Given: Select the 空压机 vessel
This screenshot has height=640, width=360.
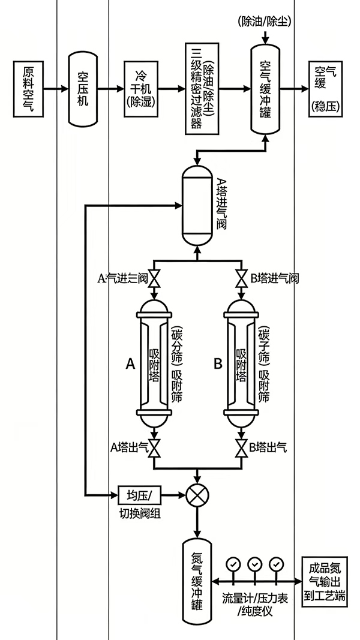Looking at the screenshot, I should [x=82, y=88].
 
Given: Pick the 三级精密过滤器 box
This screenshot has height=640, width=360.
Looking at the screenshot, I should [x=203, y=88].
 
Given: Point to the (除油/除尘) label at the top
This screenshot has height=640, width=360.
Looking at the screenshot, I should [x=265, y=22].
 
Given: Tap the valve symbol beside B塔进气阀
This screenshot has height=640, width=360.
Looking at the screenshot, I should [x=241, y=279].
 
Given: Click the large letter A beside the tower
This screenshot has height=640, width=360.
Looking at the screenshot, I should [x=130, y=363].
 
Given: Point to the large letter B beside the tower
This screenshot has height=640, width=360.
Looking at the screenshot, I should [x=218, y=363].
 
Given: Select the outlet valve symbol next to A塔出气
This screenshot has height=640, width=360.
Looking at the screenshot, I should [x=154, y=447].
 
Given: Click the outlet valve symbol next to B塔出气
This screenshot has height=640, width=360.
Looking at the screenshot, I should [x=241, y=447].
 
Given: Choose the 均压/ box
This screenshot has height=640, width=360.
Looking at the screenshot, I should [x=141, y=495].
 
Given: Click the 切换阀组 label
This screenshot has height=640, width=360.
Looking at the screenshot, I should [x=140, y=513].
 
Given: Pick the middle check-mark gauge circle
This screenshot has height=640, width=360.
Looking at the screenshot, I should [x=254, y=564].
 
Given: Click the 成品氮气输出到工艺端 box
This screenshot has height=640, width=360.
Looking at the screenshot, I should [x=327, y=582].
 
